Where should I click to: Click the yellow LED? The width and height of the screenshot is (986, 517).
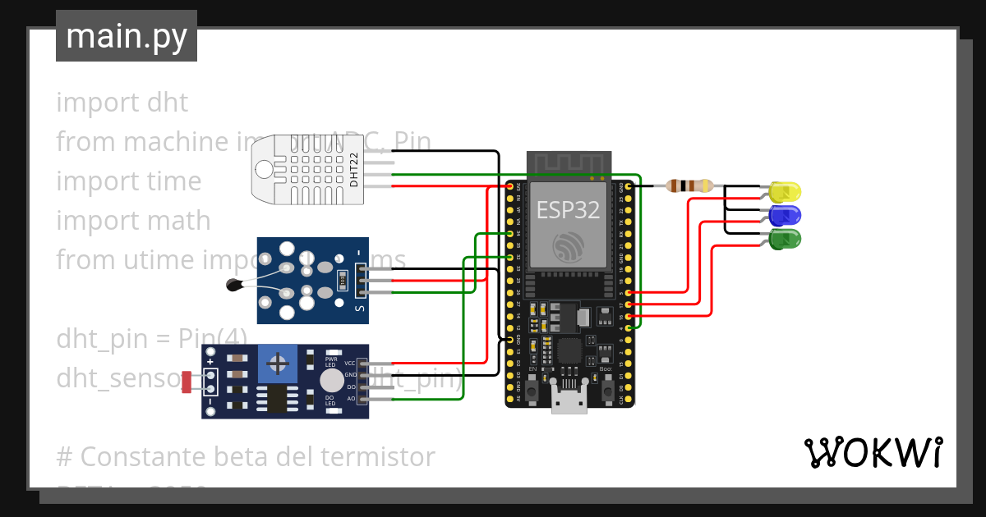786,192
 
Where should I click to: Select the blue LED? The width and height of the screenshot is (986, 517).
786,216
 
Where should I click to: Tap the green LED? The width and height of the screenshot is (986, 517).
786,240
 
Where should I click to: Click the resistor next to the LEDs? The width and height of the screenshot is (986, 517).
689,186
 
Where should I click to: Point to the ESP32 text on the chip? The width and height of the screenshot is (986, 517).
568,209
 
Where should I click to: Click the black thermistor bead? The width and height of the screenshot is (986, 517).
233,285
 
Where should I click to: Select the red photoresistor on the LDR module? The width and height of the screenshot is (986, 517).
187,382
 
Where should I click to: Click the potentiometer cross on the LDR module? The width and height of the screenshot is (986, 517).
279,363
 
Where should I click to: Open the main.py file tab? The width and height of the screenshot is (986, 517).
127,36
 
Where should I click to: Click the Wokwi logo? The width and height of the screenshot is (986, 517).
873,452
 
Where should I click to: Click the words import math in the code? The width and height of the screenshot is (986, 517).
133,221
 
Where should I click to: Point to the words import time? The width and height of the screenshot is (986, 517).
128,181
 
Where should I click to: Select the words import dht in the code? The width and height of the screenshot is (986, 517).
122,103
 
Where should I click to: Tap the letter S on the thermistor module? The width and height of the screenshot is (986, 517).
359,309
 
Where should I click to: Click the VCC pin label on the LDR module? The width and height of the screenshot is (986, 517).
350,363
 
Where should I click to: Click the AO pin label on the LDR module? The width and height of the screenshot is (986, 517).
351,399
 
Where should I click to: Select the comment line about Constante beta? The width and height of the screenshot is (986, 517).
245,456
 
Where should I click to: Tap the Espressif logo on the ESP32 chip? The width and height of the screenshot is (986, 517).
569,247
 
